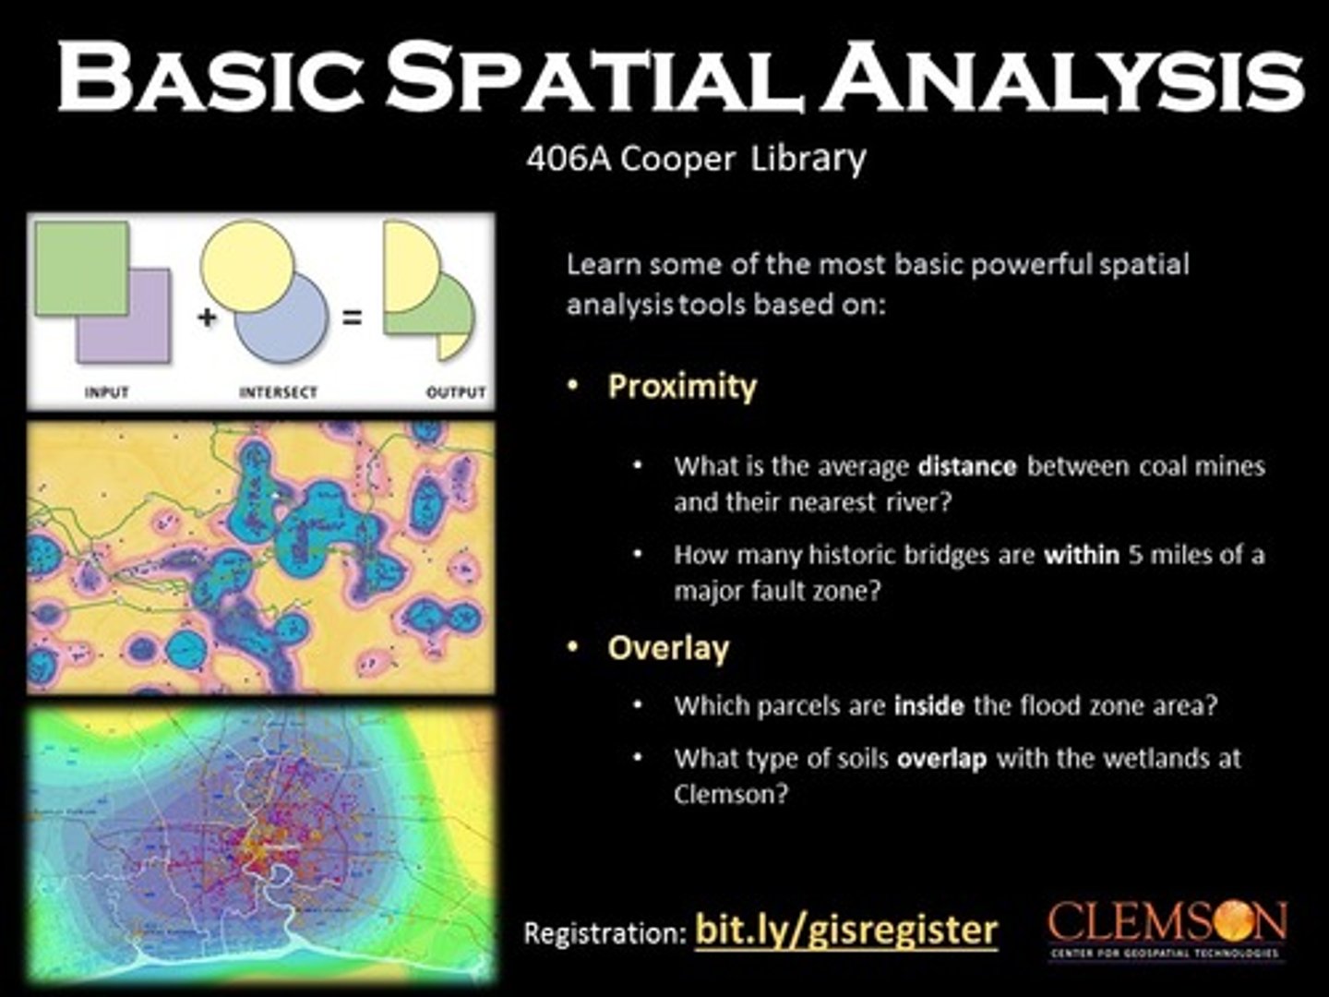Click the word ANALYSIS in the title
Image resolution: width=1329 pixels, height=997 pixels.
tap(1061, 78)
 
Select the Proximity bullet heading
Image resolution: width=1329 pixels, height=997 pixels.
tap(681, 386)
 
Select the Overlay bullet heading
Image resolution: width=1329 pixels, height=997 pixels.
tap(667, 648)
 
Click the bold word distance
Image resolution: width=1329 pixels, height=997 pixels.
tap(966, 466)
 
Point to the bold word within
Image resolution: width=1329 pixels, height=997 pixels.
tap(1081, 555)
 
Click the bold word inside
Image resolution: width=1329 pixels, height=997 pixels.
tap(929, 706)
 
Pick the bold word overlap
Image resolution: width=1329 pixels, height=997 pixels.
tap(941, 759)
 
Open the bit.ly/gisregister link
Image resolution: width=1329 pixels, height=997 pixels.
tap(845, 929)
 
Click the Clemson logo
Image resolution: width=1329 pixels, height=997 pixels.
tap(1167, 928)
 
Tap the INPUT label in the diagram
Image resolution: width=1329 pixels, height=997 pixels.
tap(106, 392)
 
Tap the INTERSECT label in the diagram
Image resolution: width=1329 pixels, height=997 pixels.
tap(278, 392)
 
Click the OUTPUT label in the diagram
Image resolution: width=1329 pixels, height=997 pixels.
tap(455, 392)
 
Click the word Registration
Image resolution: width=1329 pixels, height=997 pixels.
tap(604, 932)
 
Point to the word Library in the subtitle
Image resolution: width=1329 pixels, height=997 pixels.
tap(808, 159)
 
